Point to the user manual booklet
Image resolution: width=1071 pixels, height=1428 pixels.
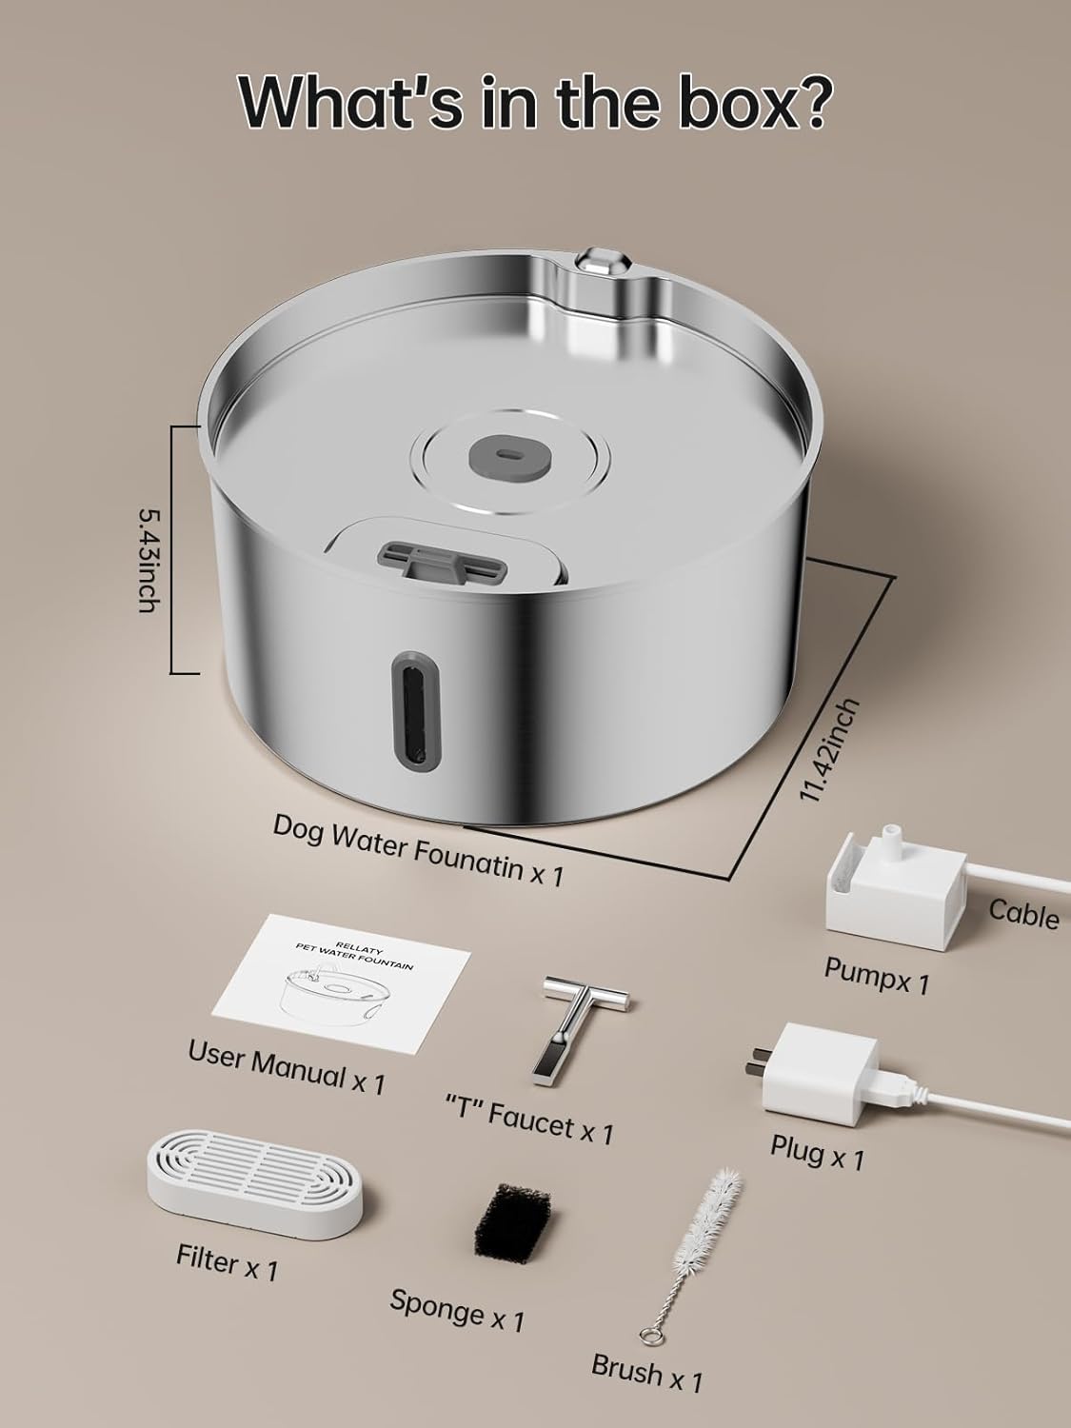[342, 984]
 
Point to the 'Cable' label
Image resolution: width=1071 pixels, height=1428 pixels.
[1023, 916]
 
